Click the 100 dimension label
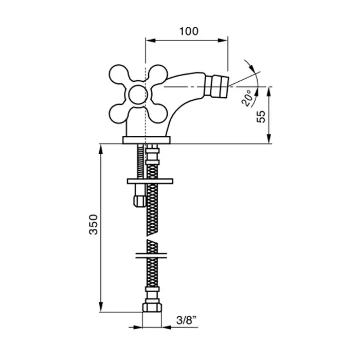pyautogui.click(x=189, y=31)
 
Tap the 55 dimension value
pyautogui.click(x=261, y=117)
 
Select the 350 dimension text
pyautogui.click(x=94, y=224)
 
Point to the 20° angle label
pyautogui.click(x=247, y=98)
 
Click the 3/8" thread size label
pyautogui.click(x=186, y=320)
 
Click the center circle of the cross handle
pyautogui.click(x=138, y=95)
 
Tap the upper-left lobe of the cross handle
pyautogui.click(x=119, y=74)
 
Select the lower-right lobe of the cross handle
pyautogui.click(x=158, y=114)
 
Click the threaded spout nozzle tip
pyautogui.click(x=217, y=86)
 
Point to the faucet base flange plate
pyautogui.click(x=147, y=140)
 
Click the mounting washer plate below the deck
pyautogui.click(x=150, y=181)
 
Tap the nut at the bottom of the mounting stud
pyautogui.click(x=139, y=201)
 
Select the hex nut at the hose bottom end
pyautogui.click(x=152, y=307)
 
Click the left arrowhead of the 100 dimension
pyautogui.click(x=151, y=41)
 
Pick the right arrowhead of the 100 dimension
pyautogui.click(x=223, y=41)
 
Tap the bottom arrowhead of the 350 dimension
pyautogui.click(x=101, y=307)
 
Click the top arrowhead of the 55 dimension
pyautogui.click(x=269, y=92)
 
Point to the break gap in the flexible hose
pyautogui.click(x=152, y=238)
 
